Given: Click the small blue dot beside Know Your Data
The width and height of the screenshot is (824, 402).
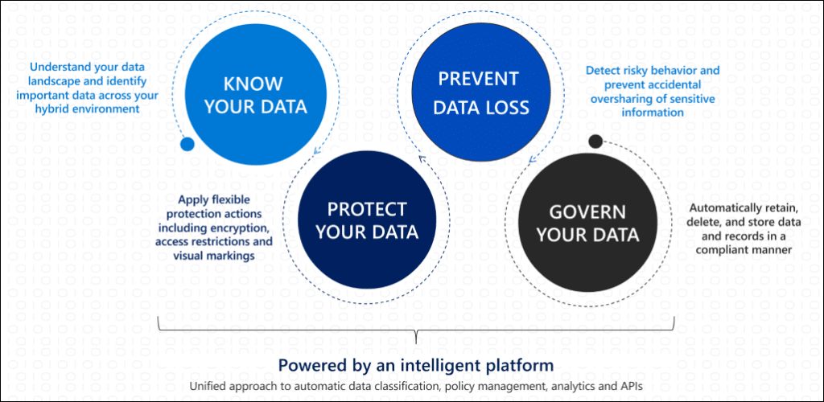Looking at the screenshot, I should click(x=187, y=145).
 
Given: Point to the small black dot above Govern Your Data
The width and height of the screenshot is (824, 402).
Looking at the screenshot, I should click(x=595, y=142).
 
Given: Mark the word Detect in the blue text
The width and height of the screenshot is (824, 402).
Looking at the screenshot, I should click(x=602, y=70).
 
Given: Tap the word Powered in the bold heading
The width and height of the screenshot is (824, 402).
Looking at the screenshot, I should click(x=311, y=363).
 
